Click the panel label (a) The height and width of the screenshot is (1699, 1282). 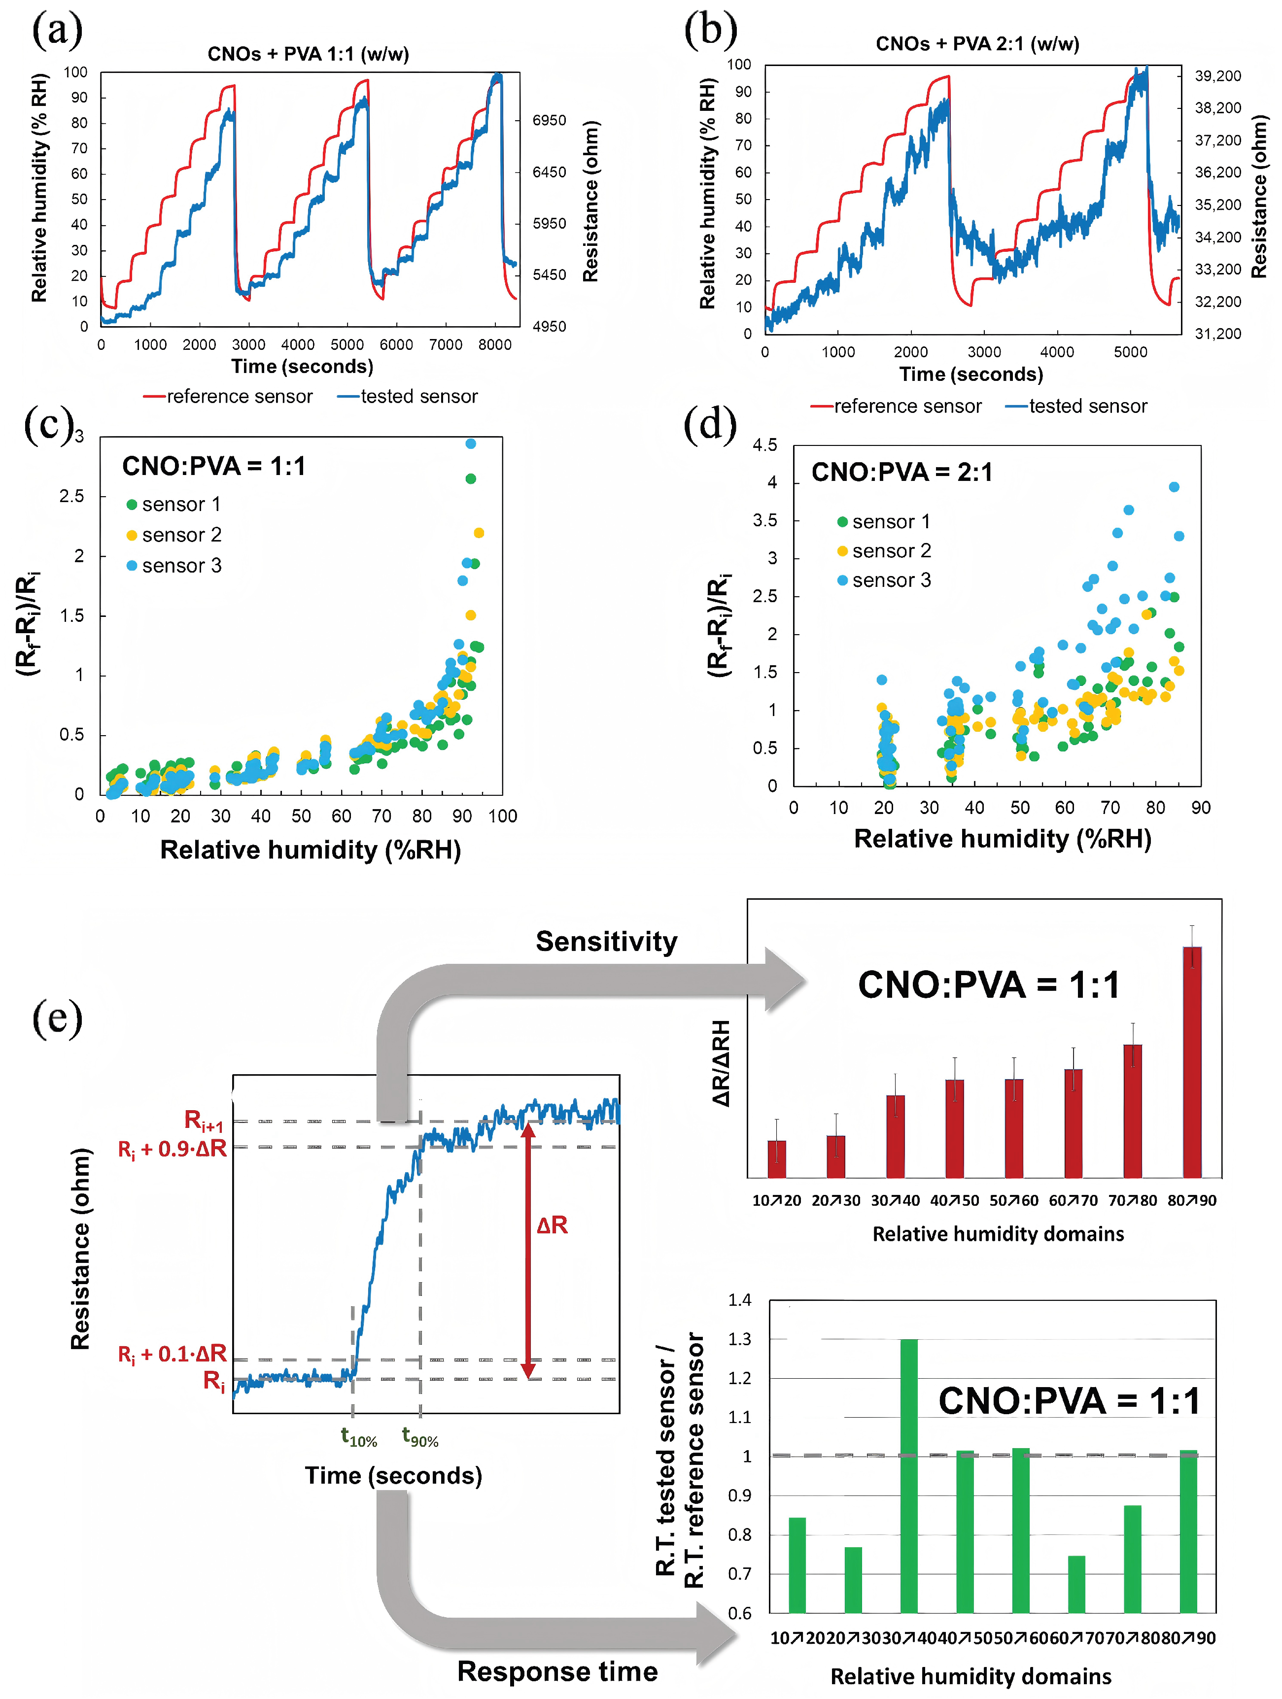56,31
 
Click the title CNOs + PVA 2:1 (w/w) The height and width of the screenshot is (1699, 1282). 976,44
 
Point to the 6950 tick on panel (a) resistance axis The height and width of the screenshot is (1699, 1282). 549,121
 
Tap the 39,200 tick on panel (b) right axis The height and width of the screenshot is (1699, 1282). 1217,76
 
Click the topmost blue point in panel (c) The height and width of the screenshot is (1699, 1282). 471,444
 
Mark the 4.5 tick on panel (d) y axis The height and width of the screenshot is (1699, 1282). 764,445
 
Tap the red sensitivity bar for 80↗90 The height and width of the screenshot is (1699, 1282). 1191,1062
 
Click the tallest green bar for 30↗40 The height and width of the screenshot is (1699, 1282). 909,1475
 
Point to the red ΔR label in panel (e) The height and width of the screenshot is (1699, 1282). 552,1225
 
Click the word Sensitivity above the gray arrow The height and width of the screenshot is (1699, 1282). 606,942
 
